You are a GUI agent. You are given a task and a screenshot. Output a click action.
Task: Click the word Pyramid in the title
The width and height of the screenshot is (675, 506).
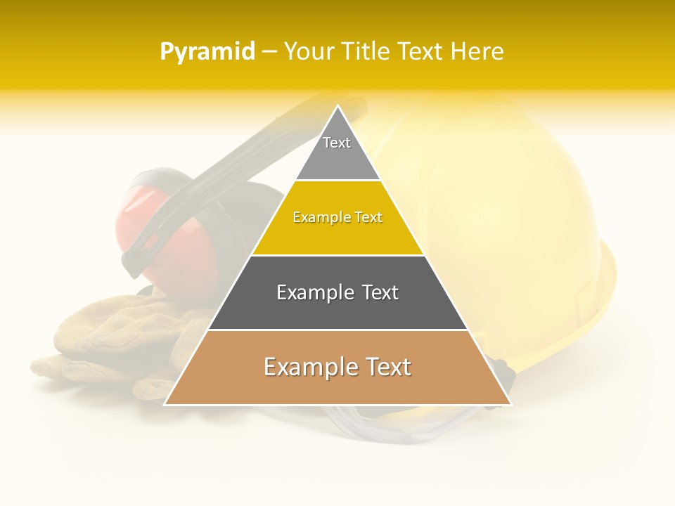[x=207, y=52]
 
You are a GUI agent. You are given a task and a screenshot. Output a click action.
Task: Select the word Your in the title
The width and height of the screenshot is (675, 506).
[x=309, y=52]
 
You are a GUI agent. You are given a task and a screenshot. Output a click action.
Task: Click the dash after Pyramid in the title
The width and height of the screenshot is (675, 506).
[x=269, y=52]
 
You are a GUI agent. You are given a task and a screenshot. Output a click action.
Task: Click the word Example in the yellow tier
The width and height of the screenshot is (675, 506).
[x=316, y=218]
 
